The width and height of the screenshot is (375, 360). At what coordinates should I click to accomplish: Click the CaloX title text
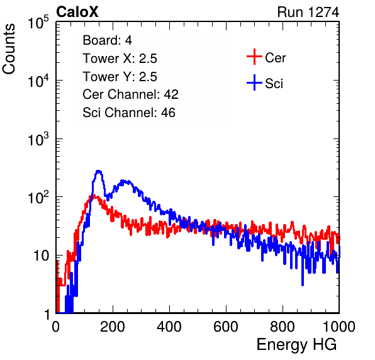pyautogui.click(x=77, y=12)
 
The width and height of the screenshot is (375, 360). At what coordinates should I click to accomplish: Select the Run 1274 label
pyautogui.click(x=308, y=12)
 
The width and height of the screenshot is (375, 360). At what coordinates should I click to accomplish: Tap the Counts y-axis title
pyautogui.click(x=9, y=49)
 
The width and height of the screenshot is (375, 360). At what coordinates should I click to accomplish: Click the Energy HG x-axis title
pyautogui.click(x=296, y=344)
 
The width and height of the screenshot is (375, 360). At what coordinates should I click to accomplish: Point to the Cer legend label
pyautogui.click(x=275, y=58)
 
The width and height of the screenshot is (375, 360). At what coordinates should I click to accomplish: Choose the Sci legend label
pyautogui.click(x=274, y=84)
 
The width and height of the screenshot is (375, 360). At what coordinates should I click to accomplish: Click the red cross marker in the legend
pyautogui.click(x=254, y=57)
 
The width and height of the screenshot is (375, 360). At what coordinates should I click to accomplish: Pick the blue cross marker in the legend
pyautogui.click(x=254, y=82)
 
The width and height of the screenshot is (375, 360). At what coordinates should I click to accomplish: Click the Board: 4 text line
pyautogui.click(x=107, y=40)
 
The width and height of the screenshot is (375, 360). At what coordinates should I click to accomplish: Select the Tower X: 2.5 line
pyautogui.click(x=120, y=59)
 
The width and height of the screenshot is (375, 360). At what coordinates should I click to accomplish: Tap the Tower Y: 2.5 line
pyautogui.click(x=120, y=77)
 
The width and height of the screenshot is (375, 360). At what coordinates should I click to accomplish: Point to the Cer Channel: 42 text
pyautogui.click(x=131, y=94)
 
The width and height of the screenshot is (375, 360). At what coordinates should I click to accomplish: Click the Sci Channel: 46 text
pyautogui.click(x=129, y=113)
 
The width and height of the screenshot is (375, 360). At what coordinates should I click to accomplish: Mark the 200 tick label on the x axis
pyautogui.click(x=113, y=327)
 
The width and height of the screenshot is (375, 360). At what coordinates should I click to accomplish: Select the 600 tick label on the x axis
pyautogui.click(x=226, y=327)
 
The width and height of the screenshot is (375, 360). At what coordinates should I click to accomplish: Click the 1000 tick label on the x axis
pyautogui.click(x=339, y=327)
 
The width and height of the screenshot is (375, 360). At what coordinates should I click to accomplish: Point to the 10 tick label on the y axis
pyautogui.click(x=42, y=256)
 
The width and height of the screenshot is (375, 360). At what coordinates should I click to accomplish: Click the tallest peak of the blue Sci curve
pyautogui.click(x=98, y=171)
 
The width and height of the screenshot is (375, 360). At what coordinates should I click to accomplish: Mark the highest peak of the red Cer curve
pyautogui.click(x=94, y=195)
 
